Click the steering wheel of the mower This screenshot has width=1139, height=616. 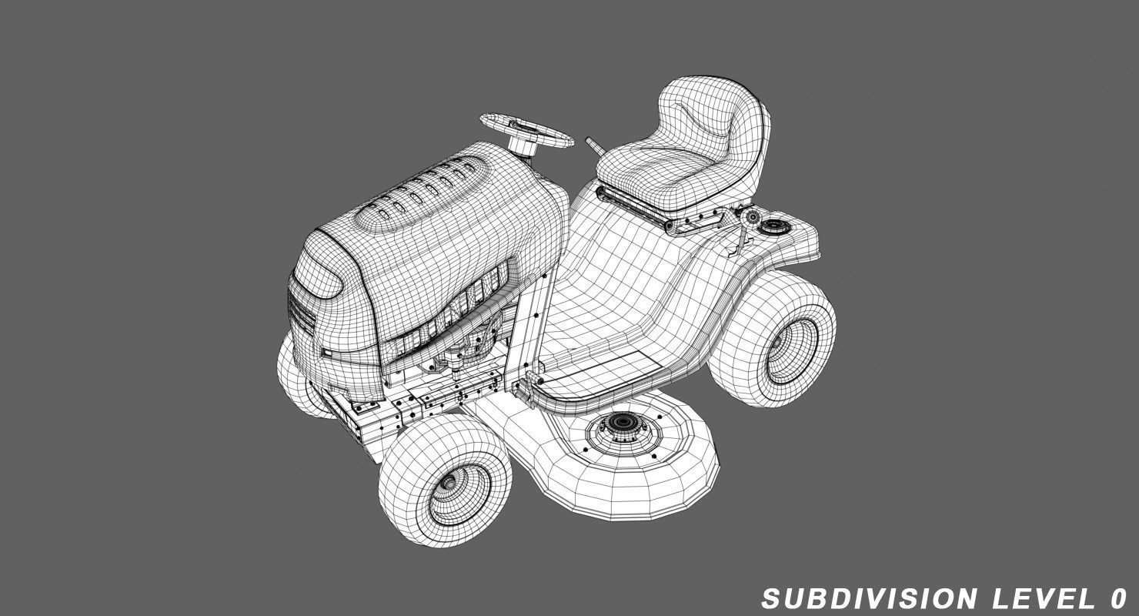pyautogui.click(x=526, y=129)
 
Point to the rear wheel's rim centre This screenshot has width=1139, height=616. pyautogui.click(x=793, y=350)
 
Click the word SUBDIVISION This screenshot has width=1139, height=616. pyautogui.click(x=870, y=598)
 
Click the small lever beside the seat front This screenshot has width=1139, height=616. pyautogui.click(x=594, y=146)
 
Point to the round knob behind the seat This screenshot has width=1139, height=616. pyautogui.click(x=750, y=216)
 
